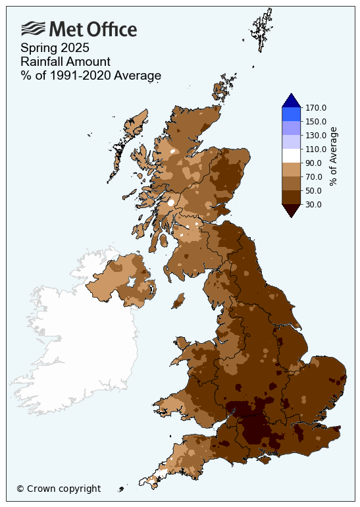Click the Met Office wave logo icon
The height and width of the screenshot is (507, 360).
point(33,28)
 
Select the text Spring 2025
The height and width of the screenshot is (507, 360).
point(55,48)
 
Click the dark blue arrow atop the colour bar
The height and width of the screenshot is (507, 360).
point(291,100)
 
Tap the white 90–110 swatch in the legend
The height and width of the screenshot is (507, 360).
point(291,155)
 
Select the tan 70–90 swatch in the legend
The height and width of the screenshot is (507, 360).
point(291,169)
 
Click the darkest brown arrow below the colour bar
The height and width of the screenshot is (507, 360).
point(291,210)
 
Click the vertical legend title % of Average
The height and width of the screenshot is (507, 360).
point(334,157)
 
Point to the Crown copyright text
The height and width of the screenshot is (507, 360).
point(59,489)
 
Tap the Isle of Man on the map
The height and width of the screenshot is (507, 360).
point(178,302)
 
